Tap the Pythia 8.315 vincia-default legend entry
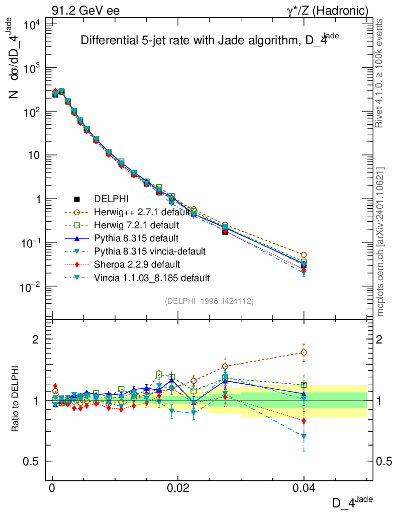click(x=142, y=251)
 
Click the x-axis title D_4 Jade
click(x=352, y=501)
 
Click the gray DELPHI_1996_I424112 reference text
click(x=209, y=301)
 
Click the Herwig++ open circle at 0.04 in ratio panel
click(x=304, y=353)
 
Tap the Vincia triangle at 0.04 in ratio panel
click(x=304, y=437)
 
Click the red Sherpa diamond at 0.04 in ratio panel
click(x=304, y=420)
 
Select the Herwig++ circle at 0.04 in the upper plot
click(x=304, y=255)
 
